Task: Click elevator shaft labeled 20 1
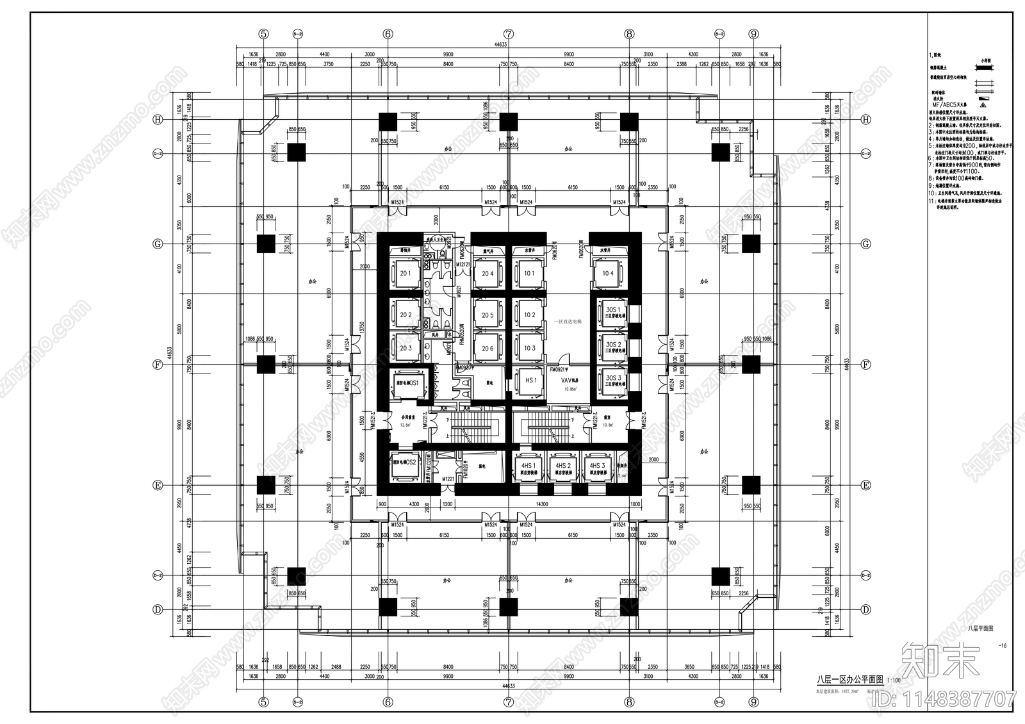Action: [406, 274]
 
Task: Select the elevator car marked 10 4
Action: [607, 274]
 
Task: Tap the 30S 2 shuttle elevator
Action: [613, 347]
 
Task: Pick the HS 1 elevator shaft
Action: [530, 381]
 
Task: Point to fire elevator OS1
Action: [406, 383]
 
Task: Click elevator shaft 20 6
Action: [488, 348]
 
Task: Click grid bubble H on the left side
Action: [156, 120]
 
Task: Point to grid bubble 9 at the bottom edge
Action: [753, 702]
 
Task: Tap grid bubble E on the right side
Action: [865, 485]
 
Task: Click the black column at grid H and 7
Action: [509, 120]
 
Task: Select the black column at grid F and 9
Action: [751, 365]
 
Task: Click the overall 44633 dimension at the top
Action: [500, 44]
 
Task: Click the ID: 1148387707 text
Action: [957, 698]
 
